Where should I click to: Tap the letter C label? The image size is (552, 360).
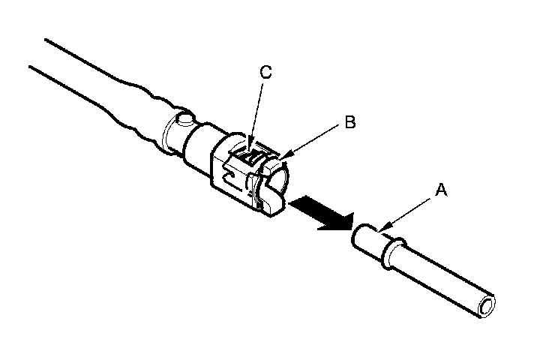(265, 73)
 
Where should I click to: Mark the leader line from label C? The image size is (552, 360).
(260, 112)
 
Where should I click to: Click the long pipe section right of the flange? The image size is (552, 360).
(442, 277)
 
